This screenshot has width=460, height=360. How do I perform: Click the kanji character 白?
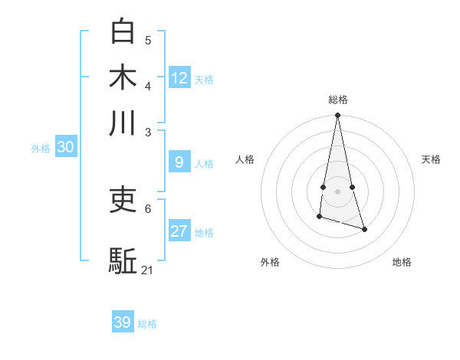pyautogui.click(x=123, y=31)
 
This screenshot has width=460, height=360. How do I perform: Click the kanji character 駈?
pyautogui.click(x=123, y=260)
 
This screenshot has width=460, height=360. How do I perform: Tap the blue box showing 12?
pyautogui.click(x=179, y=78)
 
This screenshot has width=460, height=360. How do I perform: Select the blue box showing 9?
pyautogui.click(x=179, y=162)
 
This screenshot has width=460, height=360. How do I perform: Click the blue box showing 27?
pyautogui.click(x=179, y=231)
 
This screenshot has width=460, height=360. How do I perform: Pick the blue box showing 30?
pyautogui.click(x=65, y=148)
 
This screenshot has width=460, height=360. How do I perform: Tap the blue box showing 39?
pyautogui.click(x=123, y=322)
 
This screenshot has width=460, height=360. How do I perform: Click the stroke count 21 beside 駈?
pyautogui.click(x=148, y=270)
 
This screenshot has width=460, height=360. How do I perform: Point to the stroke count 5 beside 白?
pyautogui.click(x=148, y=40)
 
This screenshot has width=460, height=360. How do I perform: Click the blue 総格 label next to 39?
pyautogui.click(x=148, y=324)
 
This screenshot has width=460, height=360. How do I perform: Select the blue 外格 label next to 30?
pyautogui.click(x=41, y=149)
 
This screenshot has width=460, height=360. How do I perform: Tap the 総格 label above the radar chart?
pyautogui.click(x=338, y=100)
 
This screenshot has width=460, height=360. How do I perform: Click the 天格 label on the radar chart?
pyautogui.click(x=432, y=159)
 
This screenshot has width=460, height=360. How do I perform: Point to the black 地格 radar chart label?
pyautogui.click(x=402, y=262)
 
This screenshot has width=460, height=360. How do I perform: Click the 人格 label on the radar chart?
pyautogui.click(x=245, y=159)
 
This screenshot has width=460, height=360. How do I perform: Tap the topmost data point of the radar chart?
pyautogui.click(x=337, y=116)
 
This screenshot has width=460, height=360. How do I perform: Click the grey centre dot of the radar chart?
pyautogui.click(x=337, y=191)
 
